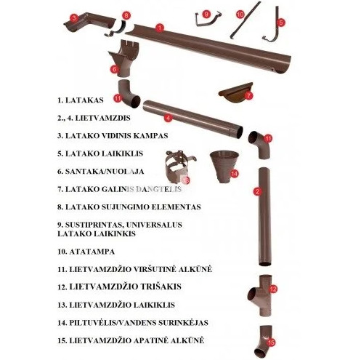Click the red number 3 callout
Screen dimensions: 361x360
point(74,17)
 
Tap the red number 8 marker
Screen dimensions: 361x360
point(126,15)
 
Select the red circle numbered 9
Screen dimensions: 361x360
point(206,14)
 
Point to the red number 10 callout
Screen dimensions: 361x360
point(240,15)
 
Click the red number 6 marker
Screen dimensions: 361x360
point(115,69)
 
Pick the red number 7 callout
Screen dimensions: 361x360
point(248,95)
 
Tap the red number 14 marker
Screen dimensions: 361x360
point(234,174)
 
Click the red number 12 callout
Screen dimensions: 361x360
point(273,289)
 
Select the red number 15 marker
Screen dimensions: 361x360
point(271,343)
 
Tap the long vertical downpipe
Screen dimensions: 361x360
point(264,217)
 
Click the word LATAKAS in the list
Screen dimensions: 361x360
point(84,100)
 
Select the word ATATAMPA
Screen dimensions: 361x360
point(92,252)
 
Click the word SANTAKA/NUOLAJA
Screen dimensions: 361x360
point(105,172)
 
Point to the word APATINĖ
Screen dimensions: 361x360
point(153,340)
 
